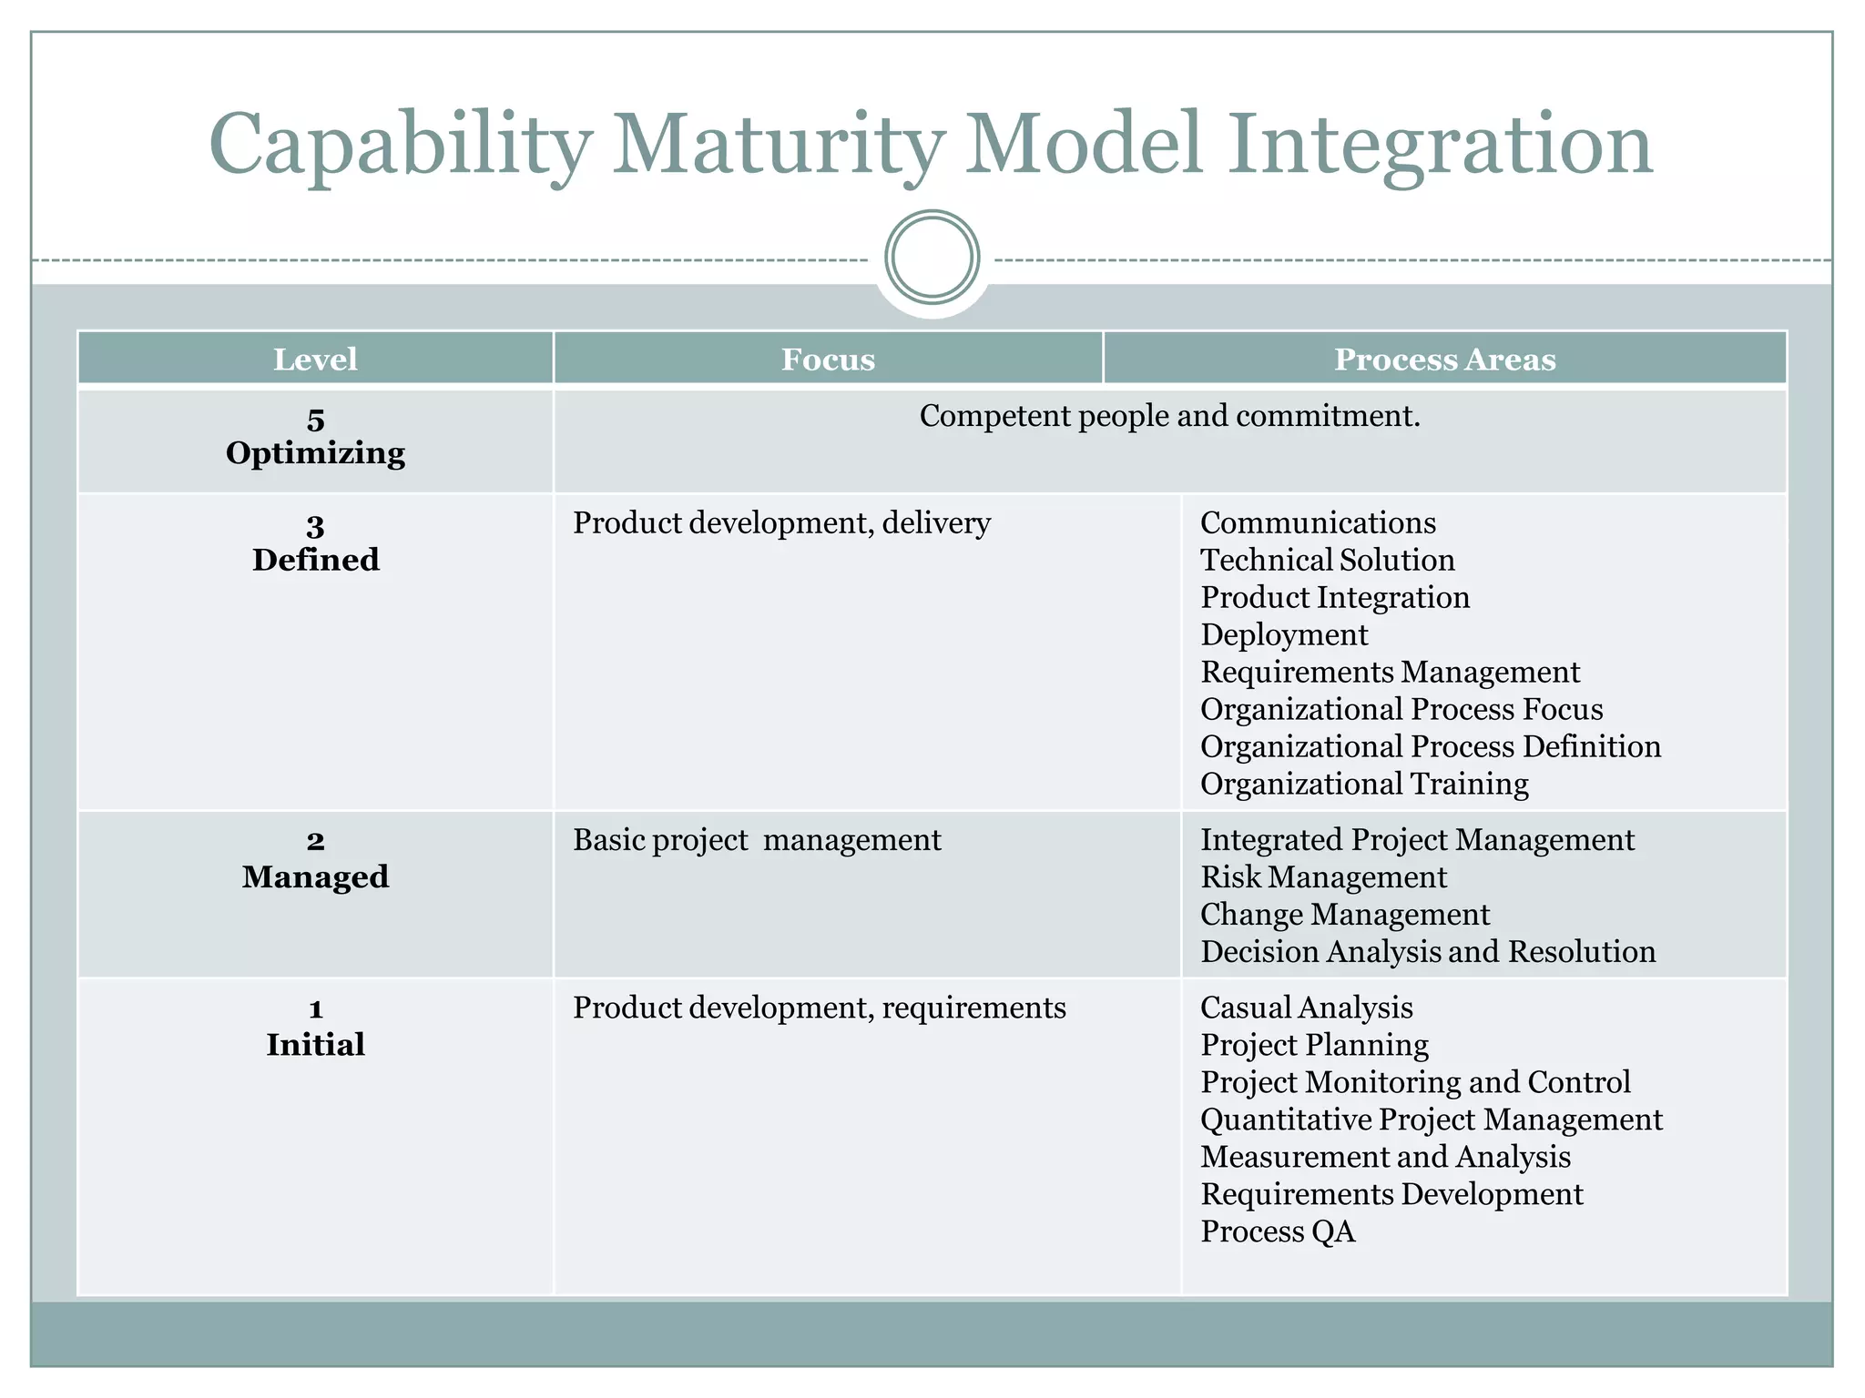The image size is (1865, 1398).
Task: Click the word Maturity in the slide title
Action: [x=778, y=146]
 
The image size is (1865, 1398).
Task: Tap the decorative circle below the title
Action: [x=932, y=257]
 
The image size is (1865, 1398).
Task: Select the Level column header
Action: [x=315, y=360]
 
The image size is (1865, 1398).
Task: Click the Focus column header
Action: [x=828, y=360]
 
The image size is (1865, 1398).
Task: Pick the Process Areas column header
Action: [x=1444, y=360]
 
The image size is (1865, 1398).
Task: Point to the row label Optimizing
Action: [x=315, y=453]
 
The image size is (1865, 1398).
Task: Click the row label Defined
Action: [x=315, y=560]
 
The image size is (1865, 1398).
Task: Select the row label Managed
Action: [x=315, y=877]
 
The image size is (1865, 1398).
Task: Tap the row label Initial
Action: [x=315, y=1045]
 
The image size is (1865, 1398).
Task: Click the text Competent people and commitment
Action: [x=1169, y=416]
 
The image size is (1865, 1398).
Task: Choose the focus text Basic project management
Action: [x=757, y=840]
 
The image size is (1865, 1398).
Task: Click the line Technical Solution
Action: [x=1327, y=560]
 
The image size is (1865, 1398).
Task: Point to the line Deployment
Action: [x=1284, y=634]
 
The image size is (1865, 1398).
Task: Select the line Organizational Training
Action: [x=1364, y=784]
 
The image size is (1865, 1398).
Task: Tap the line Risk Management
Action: [x=1323, y=877]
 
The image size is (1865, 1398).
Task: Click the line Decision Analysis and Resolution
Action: [x=1428, y=952]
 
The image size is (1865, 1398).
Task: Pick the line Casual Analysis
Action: [x=1307, y=1008]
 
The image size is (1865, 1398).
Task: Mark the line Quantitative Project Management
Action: [x=1432, y=1119]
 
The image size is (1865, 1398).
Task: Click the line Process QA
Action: [x=1278, y=1231]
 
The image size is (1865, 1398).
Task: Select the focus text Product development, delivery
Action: [x=781, y=523]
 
